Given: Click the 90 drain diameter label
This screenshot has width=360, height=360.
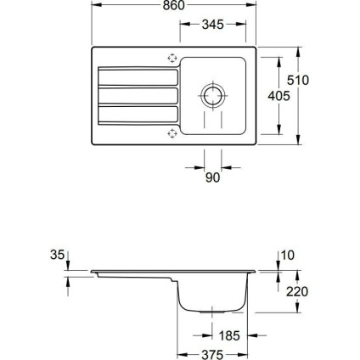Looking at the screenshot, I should pos(212,177).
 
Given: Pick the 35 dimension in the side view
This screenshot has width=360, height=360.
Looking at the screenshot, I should pos(57,253).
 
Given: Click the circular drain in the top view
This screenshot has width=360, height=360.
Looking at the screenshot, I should pos(213,95).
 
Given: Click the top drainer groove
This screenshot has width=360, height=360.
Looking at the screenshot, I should pos(138,76).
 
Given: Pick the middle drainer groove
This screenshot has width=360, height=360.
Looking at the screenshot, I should pos(138,94).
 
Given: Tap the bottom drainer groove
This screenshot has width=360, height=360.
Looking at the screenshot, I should pos(138,114).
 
